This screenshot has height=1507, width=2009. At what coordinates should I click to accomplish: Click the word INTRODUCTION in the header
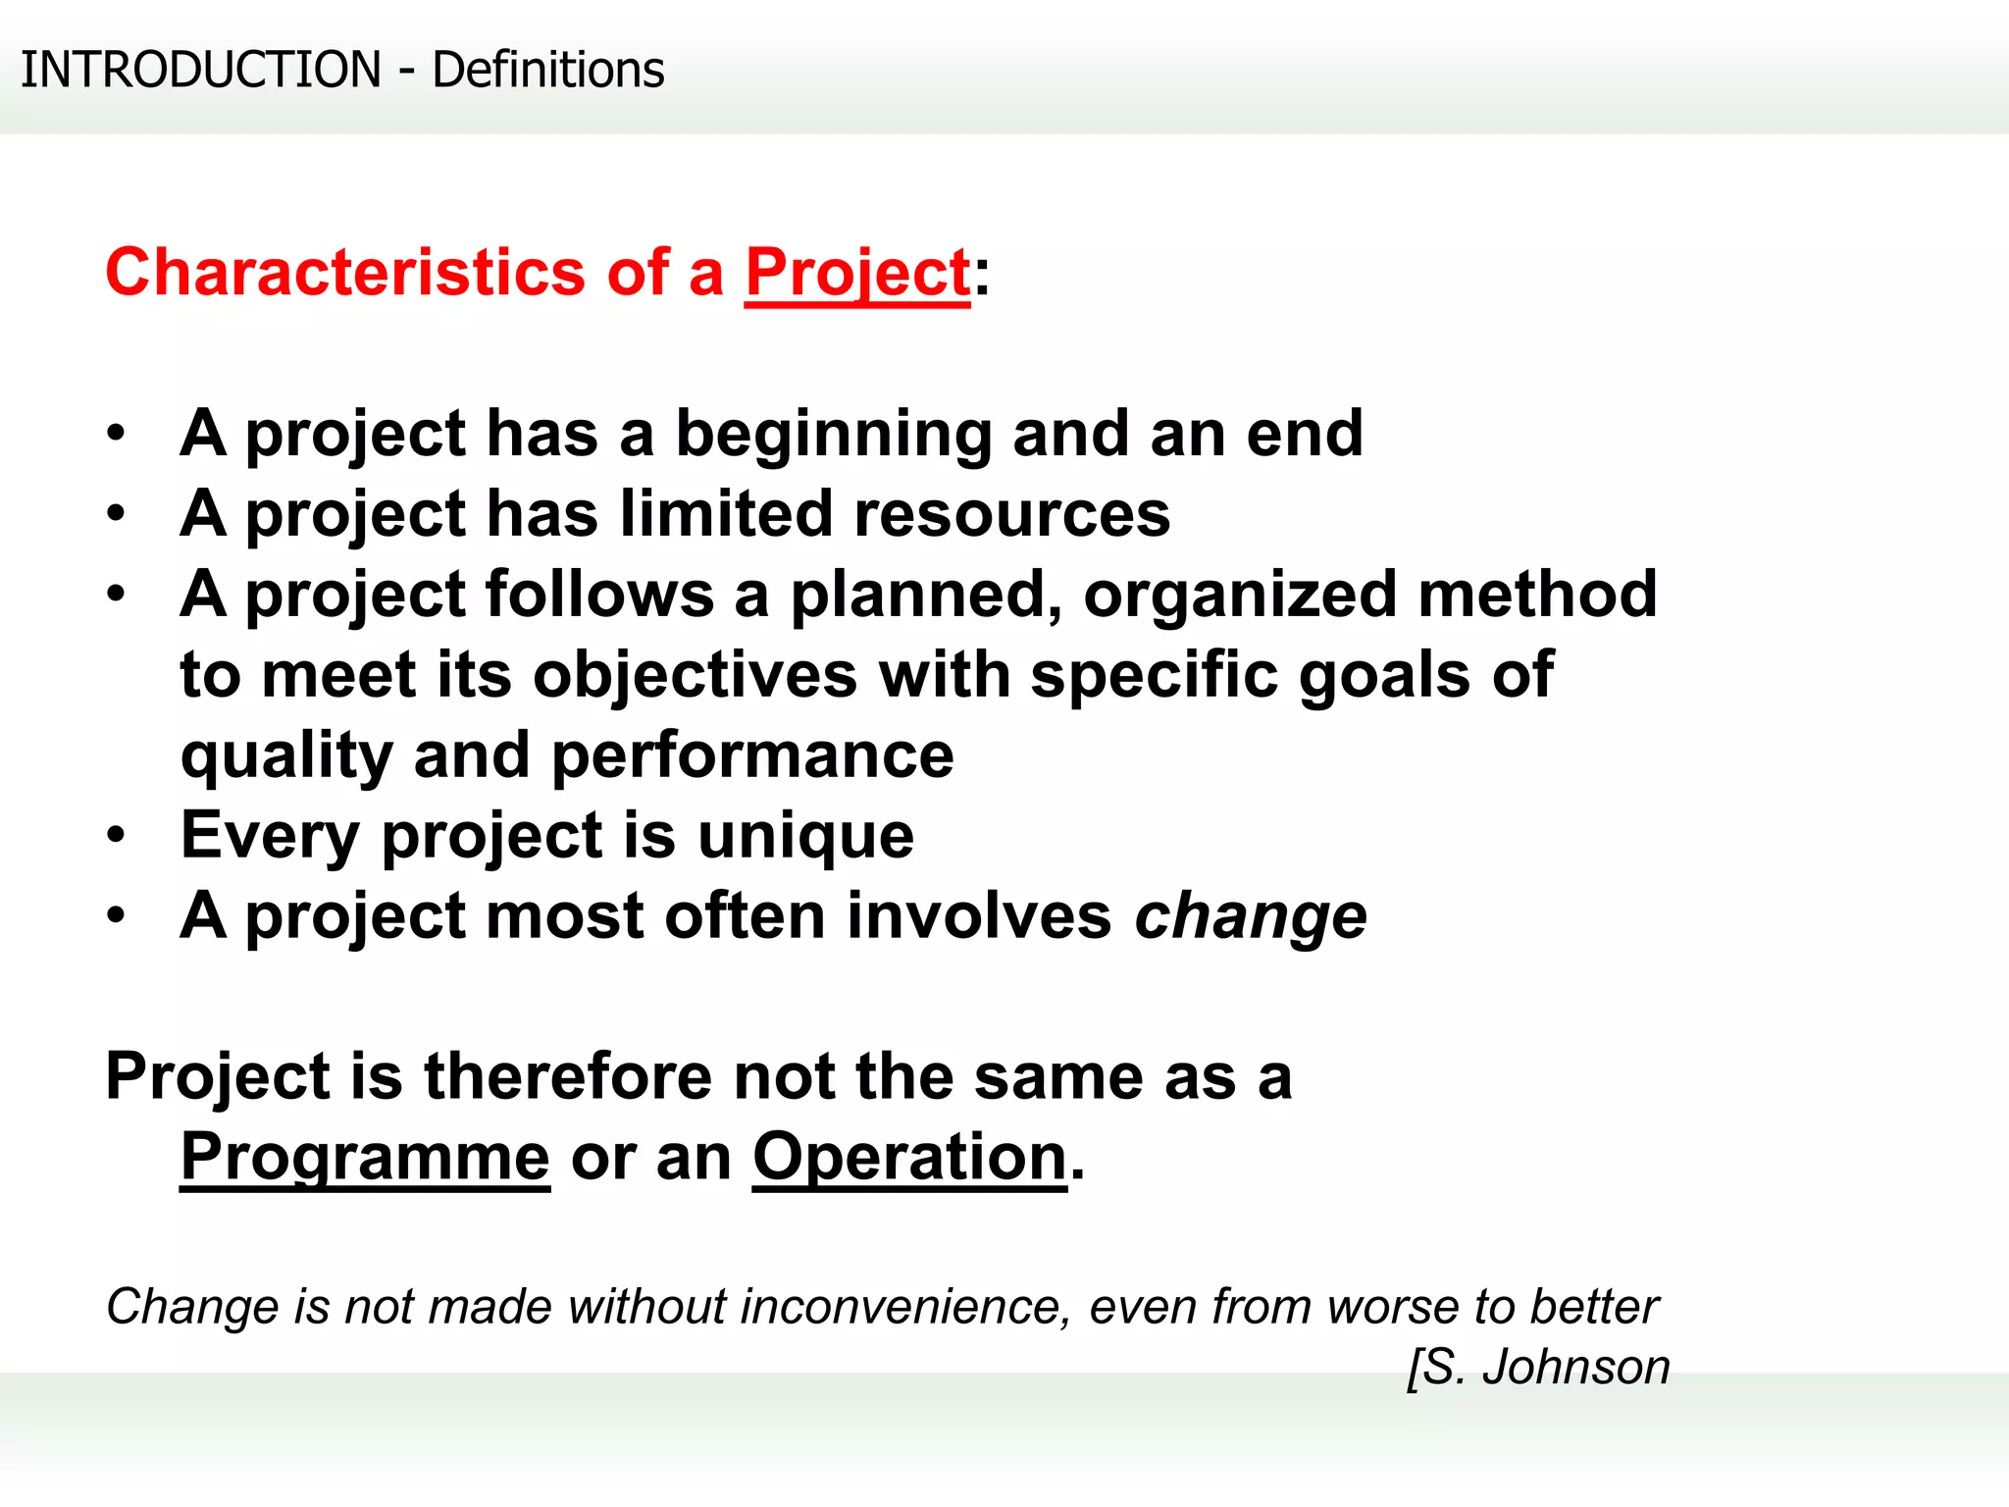click(200, 70)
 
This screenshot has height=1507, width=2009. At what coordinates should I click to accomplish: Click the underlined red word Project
click(857, 272)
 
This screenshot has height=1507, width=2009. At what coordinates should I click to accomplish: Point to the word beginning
click(834, 434)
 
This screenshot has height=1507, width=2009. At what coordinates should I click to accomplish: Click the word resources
click(1011, 514)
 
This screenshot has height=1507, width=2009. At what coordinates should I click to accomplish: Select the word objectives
click(695, 675)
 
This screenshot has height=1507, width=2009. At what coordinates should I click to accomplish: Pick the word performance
click(752, 755)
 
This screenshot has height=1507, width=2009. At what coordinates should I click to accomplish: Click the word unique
click(805, 836)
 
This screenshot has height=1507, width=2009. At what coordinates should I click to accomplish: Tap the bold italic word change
click(1250, 916)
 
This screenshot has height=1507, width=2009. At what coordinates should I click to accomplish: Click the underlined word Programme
click(365, 1158)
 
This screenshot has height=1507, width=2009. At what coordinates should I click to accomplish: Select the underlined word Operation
click(909, 1158)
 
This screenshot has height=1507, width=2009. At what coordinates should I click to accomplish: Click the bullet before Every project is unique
click(116, 836)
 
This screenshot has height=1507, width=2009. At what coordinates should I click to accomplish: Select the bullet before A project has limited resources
click(116, 514)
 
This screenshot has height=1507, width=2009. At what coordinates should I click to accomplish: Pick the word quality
click(286, 755)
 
